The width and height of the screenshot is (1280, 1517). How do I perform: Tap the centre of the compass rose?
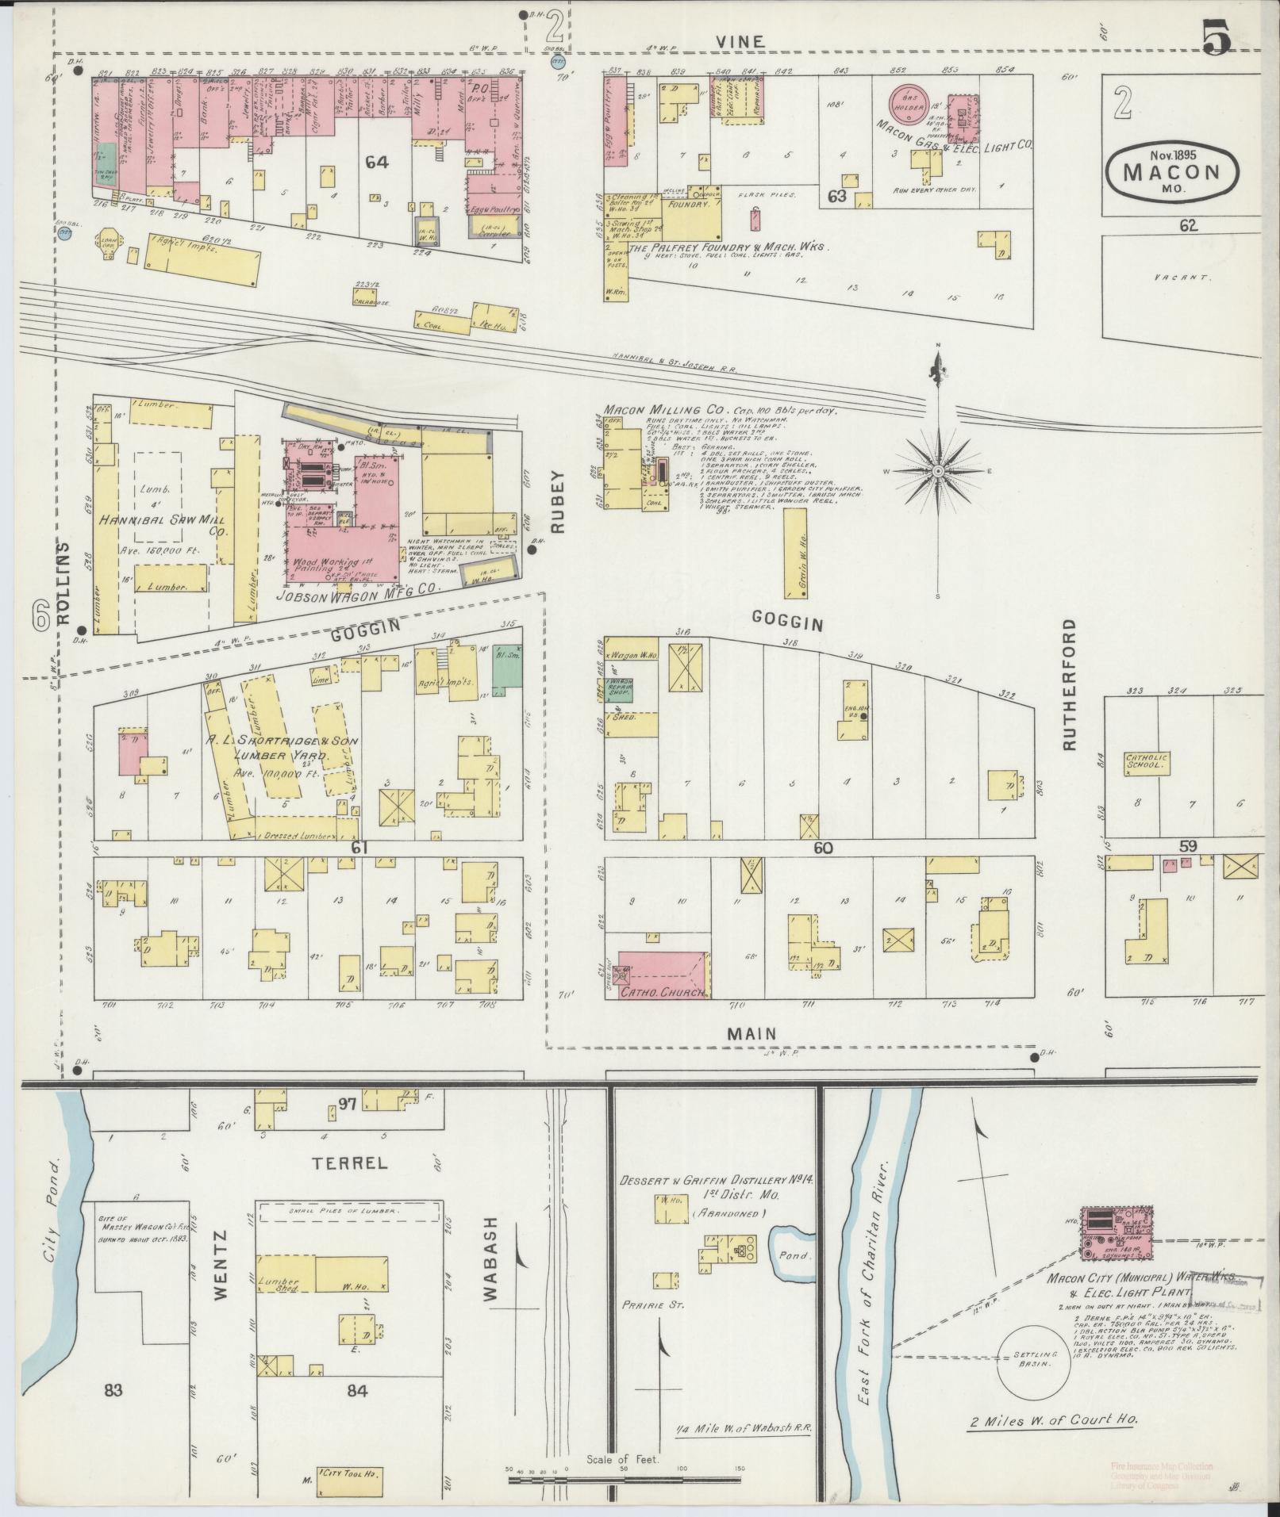coord(937,471)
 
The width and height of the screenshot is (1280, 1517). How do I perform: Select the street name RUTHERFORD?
coord(1071,686)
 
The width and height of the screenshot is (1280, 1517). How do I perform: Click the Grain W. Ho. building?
coord(794,554)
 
